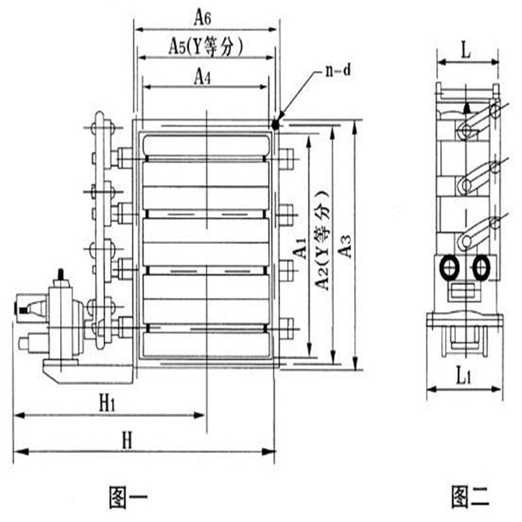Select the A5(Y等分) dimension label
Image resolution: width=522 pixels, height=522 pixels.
(206, 46)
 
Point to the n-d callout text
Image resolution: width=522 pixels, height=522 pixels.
(337, 70)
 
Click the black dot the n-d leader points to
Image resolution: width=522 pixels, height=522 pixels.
(275, 125)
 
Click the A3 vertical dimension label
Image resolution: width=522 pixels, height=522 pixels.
(345, 246)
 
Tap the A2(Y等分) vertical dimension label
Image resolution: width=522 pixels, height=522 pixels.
(322, 240)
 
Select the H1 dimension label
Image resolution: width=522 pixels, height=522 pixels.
(107, 404)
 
